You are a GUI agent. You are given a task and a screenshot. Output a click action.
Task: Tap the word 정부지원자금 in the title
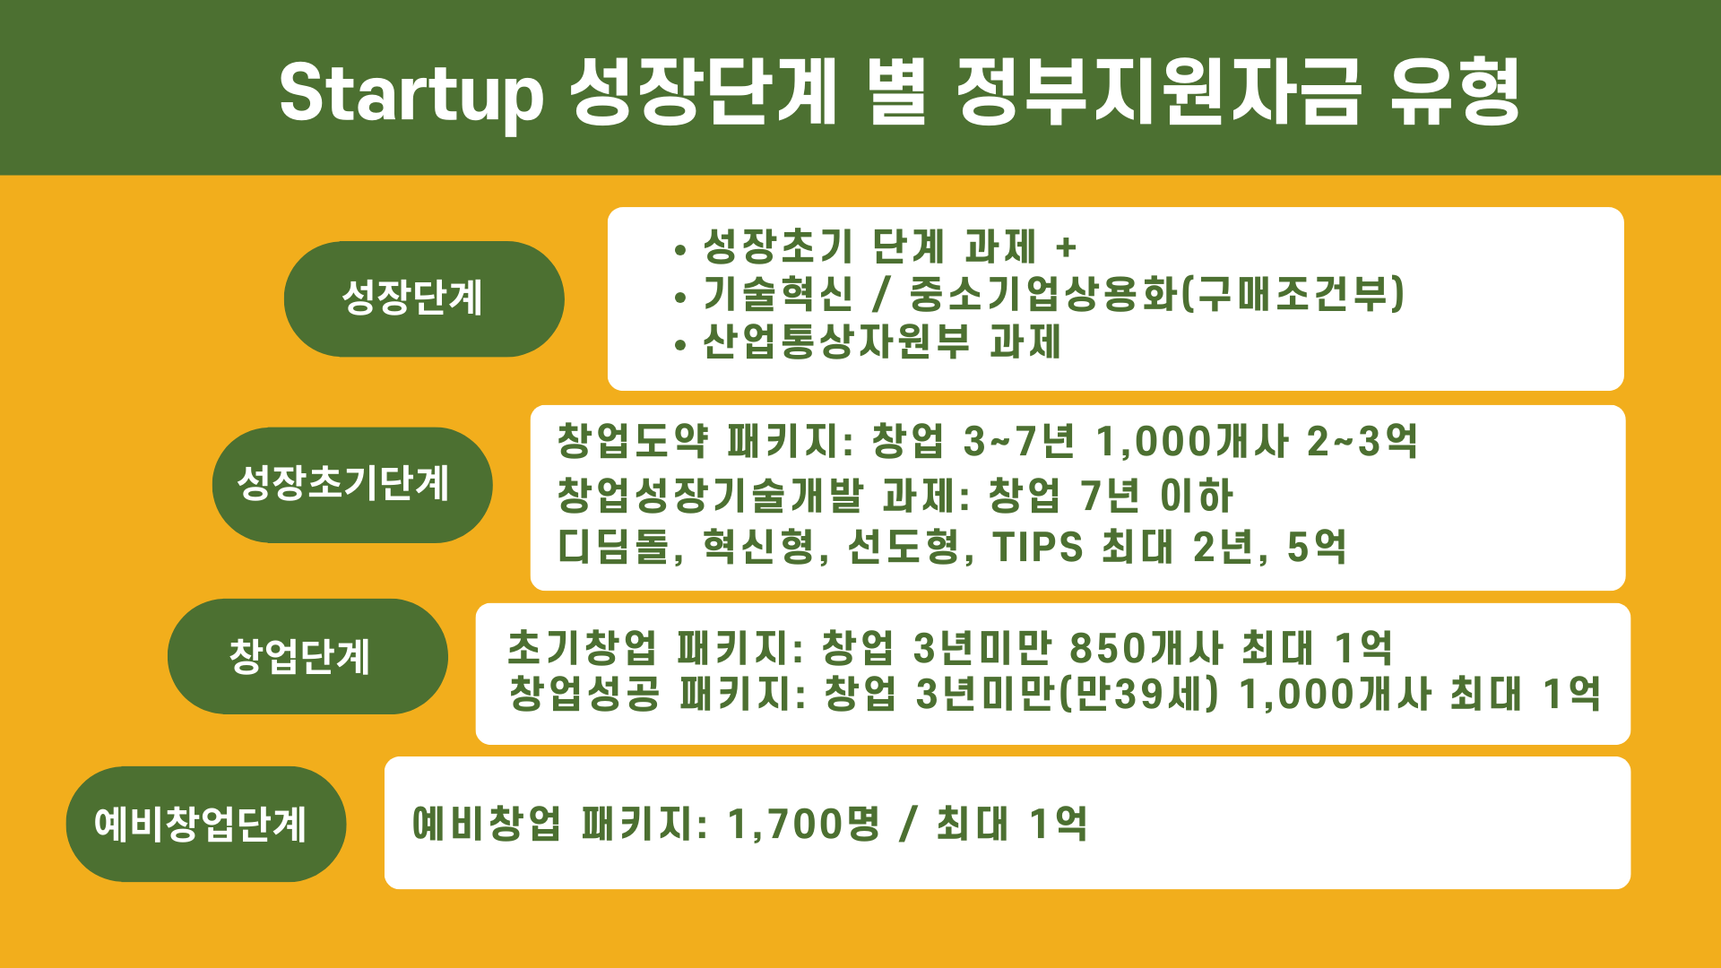(x=1159, y=91)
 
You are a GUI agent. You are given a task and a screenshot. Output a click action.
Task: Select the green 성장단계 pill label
(x=424, y=298)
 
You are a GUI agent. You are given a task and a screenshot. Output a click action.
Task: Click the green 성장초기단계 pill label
(x=352, y=485)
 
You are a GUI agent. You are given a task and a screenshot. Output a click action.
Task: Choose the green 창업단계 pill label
(x=307, y=656)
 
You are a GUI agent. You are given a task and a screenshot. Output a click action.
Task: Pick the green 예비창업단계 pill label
(x=206, y=824)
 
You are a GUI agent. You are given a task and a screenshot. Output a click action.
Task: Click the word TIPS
(x=1038, y=547)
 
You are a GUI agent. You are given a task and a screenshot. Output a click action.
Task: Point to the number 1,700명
(x=804, y=824)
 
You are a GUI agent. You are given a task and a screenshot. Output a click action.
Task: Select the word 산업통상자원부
(x=836, y=341)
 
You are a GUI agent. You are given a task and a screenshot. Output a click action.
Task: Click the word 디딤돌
(x=614, y=547)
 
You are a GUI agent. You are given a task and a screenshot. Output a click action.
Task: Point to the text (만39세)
(x=1139, y=694)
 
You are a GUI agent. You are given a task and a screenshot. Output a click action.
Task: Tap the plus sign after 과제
(x=1066, y=246)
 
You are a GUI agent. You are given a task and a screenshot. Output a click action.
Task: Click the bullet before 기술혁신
(x=682, y=297)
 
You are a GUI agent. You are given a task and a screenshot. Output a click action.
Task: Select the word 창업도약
(x=633, y=441)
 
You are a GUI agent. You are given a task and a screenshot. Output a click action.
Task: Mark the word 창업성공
(x=584, y=694)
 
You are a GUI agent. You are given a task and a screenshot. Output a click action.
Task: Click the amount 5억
(x=1317, y=547)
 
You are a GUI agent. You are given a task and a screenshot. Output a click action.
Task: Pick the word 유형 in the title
(x=1455, y=91)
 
